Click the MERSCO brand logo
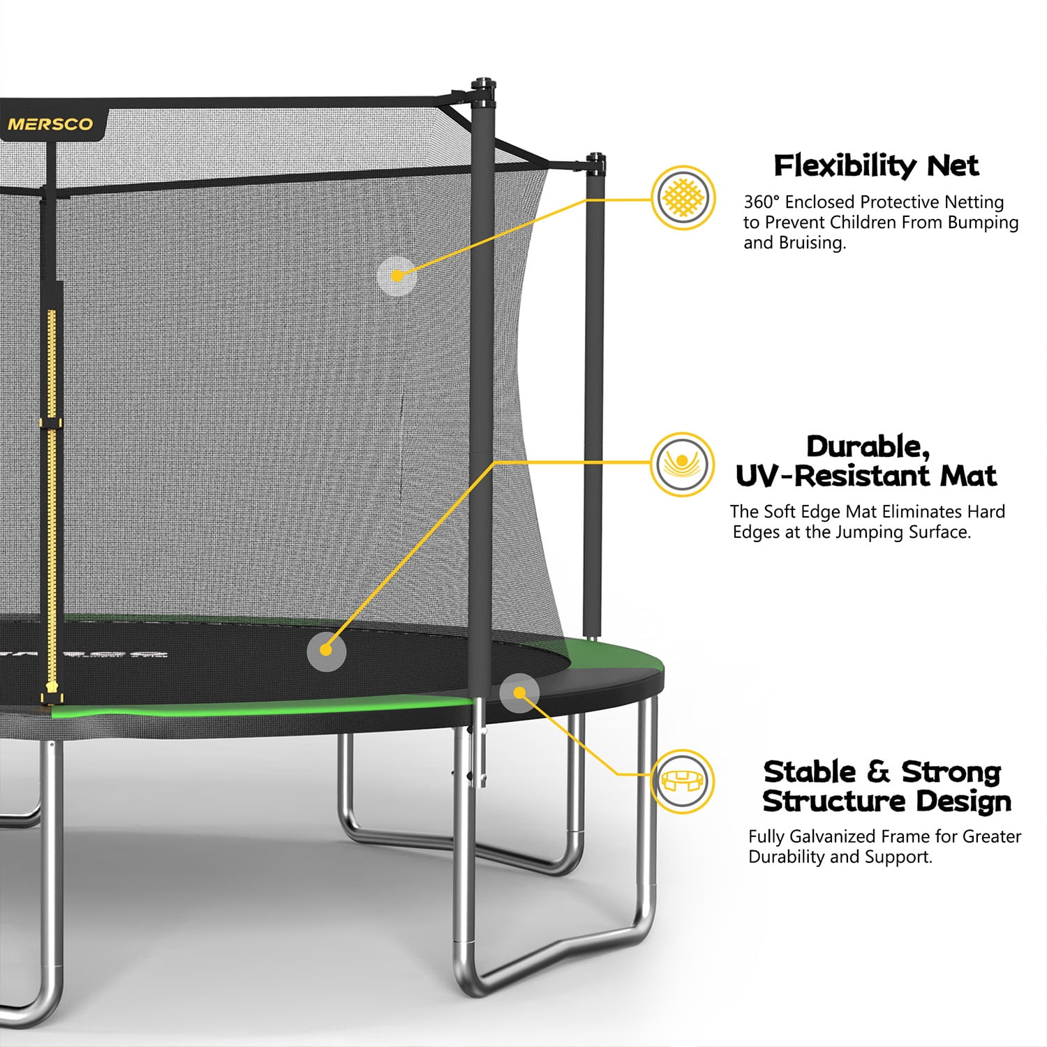point(50,125)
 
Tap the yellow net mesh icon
point(683,198)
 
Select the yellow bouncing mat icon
point(683,464)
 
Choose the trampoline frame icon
point(683,781)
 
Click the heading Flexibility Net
point(877,166)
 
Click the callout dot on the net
point(397,276)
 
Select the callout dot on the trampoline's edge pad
point(519,693)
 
